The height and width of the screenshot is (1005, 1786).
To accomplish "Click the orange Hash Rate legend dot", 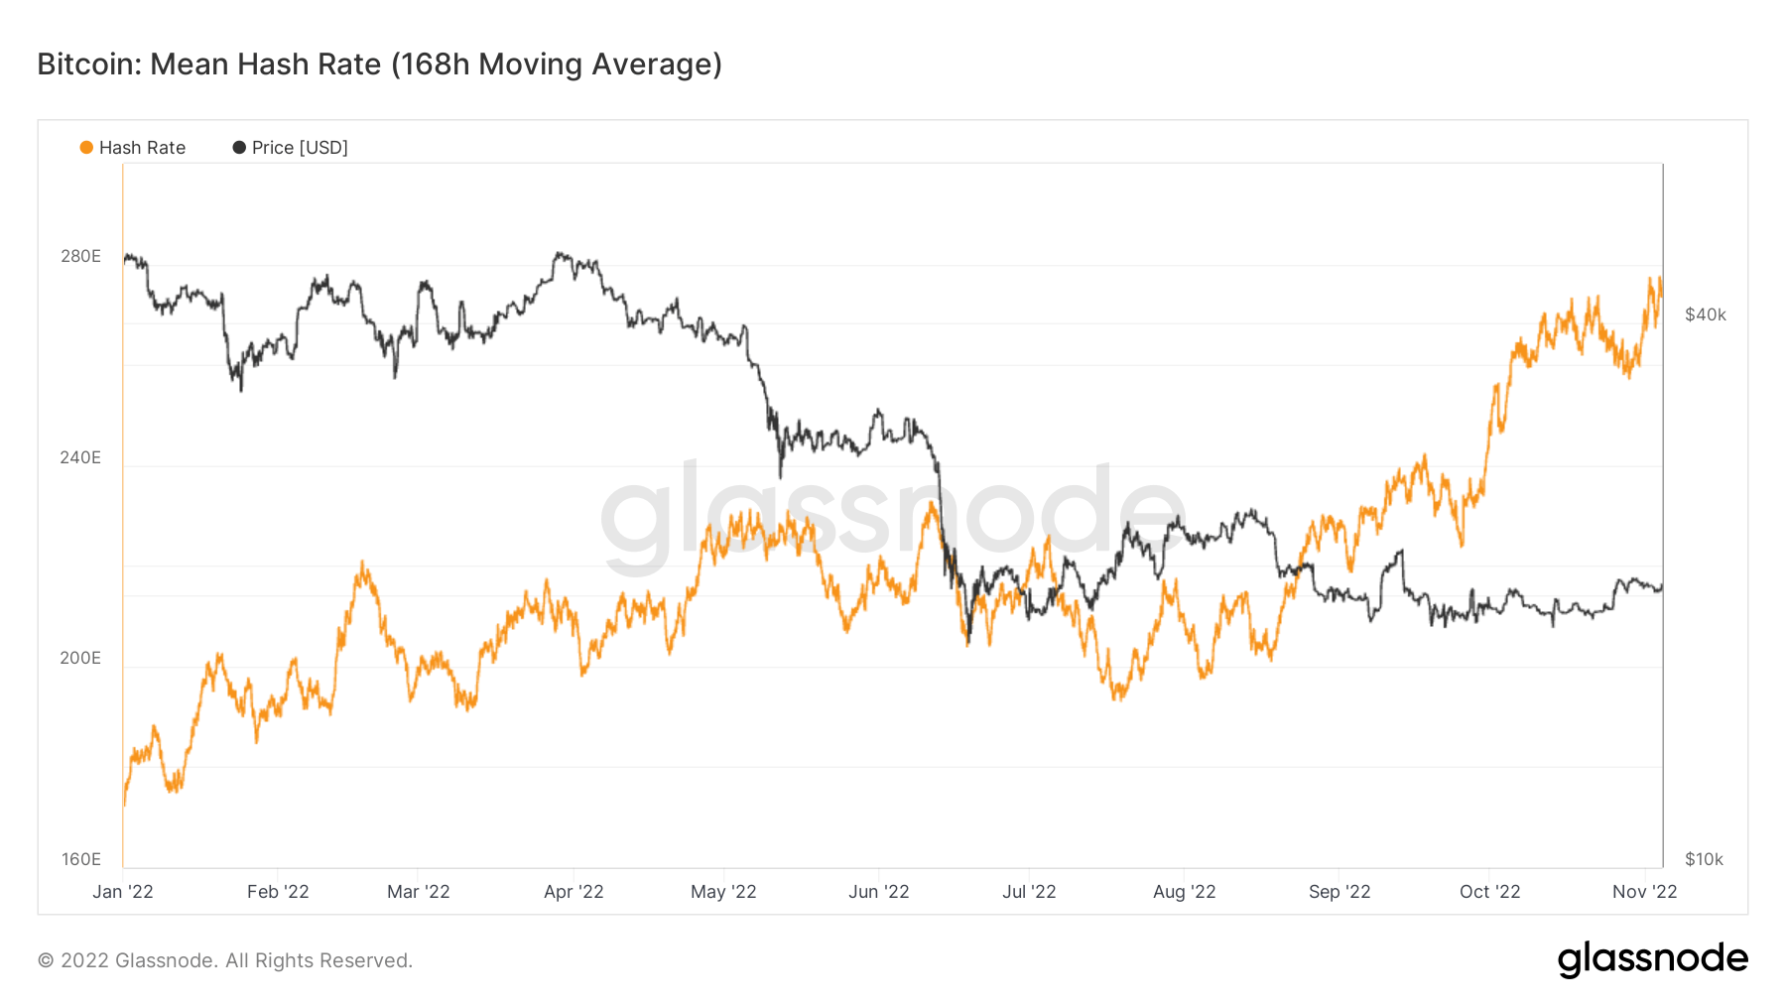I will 86,148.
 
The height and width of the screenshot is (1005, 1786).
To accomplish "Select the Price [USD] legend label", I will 300,148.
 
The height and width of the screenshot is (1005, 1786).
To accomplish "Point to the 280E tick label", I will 80,256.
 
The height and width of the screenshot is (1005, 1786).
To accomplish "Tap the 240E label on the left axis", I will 80,457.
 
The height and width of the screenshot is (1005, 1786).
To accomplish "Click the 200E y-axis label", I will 80,658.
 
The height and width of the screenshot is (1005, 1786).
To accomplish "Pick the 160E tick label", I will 80,859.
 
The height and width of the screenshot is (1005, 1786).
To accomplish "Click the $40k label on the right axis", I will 1706,314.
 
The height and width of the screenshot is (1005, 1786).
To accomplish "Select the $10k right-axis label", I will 1704,859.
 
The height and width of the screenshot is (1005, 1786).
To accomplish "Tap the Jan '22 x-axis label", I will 123,892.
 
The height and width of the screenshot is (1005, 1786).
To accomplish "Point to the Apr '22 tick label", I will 574,892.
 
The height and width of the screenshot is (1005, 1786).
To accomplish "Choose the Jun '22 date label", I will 878,892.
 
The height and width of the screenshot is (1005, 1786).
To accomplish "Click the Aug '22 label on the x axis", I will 1184,892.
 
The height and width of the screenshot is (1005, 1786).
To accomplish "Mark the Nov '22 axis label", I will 1644,892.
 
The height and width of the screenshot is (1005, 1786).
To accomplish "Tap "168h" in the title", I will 436,64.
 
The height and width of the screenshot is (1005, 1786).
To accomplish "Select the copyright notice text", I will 225,960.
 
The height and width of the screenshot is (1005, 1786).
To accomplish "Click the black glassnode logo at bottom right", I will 1652,958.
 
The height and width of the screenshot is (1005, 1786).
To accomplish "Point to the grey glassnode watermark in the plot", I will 893,516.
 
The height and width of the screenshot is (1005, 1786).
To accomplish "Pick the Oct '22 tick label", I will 1489,892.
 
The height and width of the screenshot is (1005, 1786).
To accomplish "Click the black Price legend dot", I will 239,148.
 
